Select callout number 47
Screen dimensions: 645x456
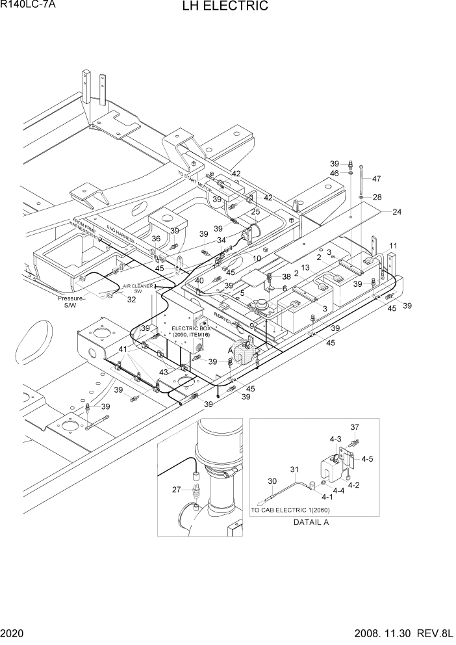(x=375, y=179)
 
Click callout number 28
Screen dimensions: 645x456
(x=377, y=197)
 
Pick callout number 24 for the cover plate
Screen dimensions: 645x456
(x=397, y=212)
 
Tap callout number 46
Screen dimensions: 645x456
(x=335, y=174)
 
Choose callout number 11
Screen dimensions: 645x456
(x=394, y=246)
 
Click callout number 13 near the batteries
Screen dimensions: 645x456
(x=305, y=268)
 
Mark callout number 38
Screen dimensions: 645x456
(x=286, y=276)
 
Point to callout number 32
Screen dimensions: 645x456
(x=131, y=300)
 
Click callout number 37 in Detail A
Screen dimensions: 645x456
(x=354, y=427)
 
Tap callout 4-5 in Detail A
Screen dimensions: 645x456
(x=367, y=458)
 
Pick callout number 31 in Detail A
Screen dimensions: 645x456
(x=294, y=469)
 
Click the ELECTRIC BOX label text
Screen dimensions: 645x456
(x=190, y=329)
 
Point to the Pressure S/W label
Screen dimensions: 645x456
(x=71, y=301)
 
